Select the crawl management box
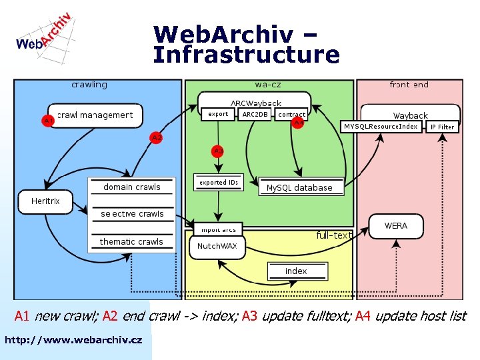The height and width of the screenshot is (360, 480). [x=95, y=115]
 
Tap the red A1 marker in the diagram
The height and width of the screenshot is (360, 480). [x=48, y=121]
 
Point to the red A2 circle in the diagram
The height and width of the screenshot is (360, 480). [x=156, y=137]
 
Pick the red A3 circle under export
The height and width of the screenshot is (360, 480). [x=218, y=151]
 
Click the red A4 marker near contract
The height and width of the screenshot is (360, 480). [x=299, y=123]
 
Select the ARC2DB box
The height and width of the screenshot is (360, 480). [x=255, y=115]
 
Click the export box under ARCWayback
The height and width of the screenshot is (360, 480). [x=218, y=115]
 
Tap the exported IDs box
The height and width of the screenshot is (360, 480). [x=219, y=182]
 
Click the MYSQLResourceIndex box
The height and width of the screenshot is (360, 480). [x=381, y=126]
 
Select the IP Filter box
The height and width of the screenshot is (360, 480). [x=442, y=127]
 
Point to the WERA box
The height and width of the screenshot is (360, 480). [x=395, y=226]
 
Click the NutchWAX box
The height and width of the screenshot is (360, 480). [x=217, y=246]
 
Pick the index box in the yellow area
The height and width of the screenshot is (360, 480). [x=296, y=271]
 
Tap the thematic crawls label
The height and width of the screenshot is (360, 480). [x=131, y=241]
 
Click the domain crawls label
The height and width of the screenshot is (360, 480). [x=132, y=187]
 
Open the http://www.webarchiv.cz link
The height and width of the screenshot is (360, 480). [x=73, y=340]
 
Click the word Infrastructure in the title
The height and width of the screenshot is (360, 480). [x=246, y=55]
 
